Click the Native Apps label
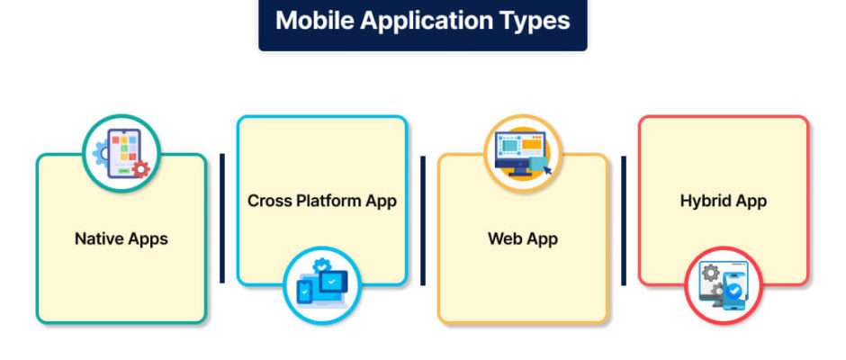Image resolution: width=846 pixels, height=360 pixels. pos(121,239)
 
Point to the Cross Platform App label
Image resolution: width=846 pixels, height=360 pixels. pos(322,202)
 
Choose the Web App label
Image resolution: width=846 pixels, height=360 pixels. pos(523,239)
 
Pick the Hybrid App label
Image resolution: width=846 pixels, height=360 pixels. pos(724,202)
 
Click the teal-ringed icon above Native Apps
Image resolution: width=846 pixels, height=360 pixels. pos(121,153)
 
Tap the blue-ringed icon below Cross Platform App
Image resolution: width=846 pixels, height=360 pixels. pos(322,285)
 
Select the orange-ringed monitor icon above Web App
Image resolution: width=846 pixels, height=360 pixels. pos(523,153)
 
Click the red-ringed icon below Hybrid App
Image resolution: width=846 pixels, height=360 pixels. pos(724,285)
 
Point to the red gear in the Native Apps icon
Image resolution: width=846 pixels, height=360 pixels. pos(140,169)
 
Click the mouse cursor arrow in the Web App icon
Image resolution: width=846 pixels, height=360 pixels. pos(547,171)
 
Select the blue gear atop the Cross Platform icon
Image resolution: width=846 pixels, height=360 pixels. pos(322,265)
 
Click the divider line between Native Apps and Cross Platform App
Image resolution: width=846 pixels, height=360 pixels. pos(221,218)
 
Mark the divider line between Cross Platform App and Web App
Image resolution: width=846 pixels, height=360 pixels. pos(423,220)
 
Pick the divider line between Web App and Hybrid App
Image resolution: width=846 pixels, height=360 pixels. pos(624,220)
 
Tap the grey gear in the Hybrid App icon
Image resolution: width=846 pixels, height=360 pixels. pos(710,273)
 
